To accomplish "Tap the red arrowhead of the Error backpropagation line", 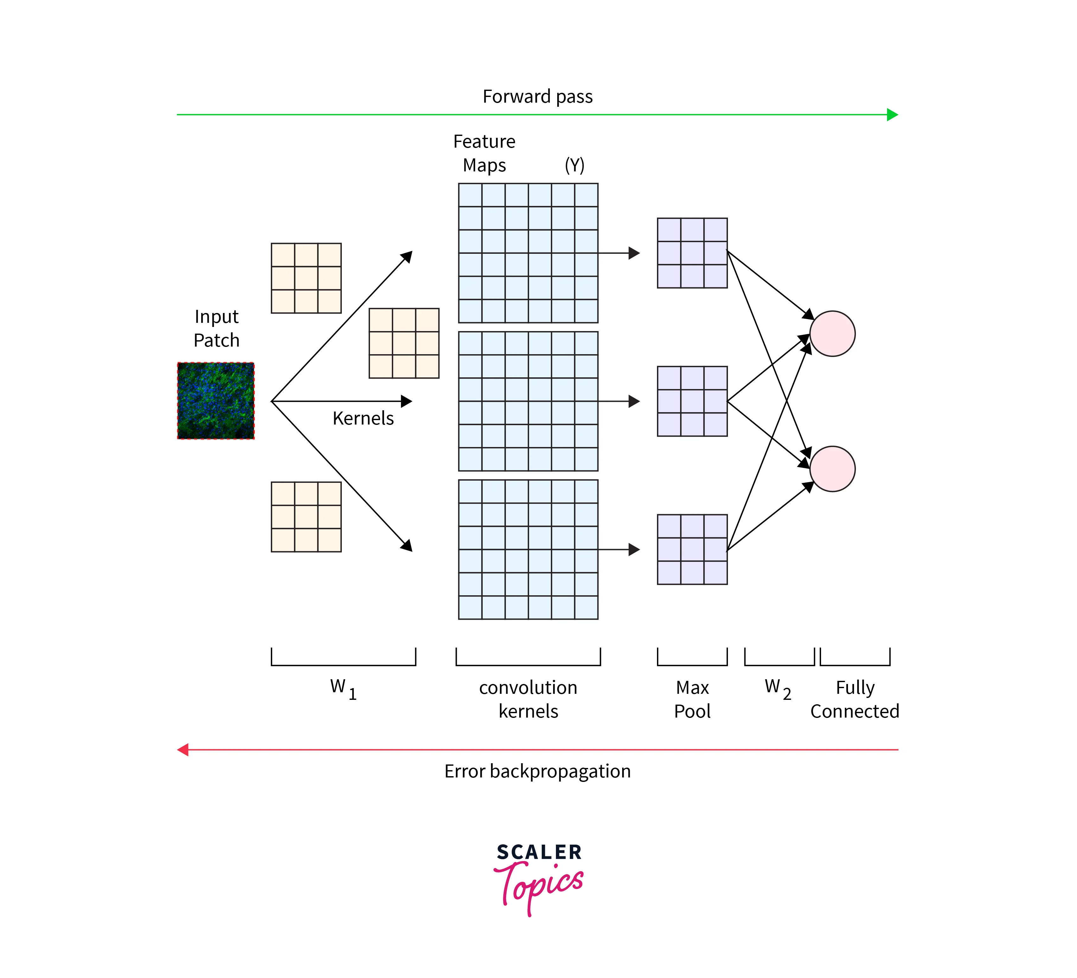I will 183,750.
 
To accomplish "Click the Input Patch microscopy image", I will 216,401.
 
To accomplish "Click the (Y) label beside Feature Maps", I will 574,165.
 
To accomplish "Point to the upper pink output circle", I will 832,334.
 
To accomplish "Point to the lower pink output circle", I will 832,469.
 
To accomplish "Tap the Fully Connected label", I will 855,699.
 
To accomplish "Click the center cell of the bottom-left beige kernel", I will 306,517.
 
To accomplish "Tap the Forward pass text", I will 538,97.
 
